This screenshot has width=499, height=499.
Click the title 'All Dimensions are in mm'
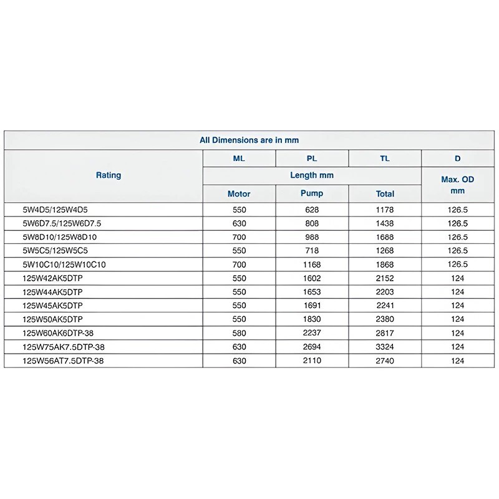tap(249, 140)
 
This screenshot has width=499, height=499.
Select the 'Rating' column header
tap(109, 175)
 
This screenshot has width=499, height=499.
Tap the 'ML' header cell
tap(239, 158)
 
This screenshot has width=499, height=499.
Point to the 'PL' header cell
tap(312, 158)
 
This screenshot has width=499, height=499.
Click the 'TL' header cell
tap(385, 158)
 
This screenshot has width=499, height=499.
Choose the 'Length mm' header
tap(312, 175)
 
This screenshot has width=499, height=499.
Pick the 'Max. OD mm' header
tap(458, 185)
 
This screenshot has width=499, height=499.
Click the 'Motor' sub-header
tap(239, 193)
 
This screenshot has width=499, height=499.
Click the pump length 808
tap(312, 223)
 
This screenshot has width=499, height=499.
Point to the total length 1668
tap(385, 237)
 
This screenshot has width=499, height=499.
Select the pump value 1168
tap(312, 264)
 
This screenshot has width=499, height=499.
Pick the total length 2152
tap(385, 278)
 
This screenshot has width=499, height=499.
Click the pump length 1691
tap(312, 306)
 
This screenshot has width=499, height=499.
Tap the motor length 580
tap(239, 333)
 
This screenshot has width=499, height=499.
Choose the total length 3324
tap(385, 347)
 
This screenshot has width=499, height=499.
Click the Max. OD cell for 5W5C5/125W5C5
tap(458, 251)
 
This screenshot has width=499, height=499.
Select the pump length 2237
tap(312, 333)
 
